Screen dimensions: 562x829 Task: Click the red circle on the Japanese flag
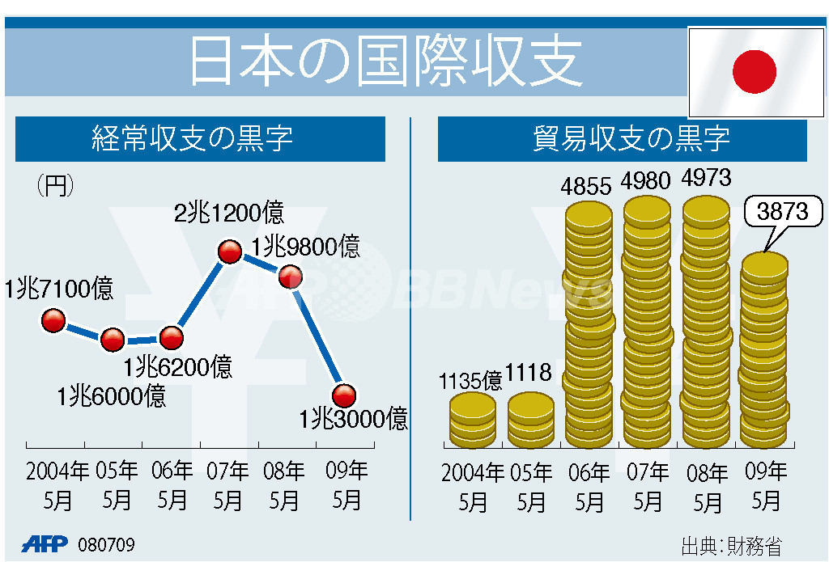(754, 71)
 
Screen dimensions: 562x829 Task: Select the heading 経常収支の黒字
(193, 139)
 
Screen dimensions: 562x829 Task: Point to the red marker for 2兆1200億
(230, 252)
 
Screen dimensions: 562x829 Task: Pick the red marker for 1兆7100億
(53, 321)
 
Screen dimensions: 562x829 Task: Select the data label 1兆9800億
(305, 246)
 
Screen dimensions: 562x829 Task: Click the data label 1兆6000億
(112, 396)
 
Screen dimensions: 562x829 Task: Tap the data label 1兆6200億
(178, 367)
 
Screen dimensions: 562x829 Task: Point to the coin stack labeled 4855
(589, 323)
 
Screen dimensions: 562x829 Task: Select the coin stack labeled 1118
(531, 420)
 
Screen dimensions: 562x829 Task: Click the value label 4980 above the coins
(647, 180)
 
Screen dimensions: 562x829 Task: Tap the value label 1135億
(470, 379)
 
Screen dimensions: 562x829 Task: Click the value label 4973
(707, 178)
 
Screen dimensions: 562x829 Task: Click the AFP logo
(45, 543)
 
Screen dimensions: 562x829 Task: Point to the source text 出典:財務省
(731, 545)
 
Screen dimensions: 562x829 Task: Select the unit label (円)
(56, 186)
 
